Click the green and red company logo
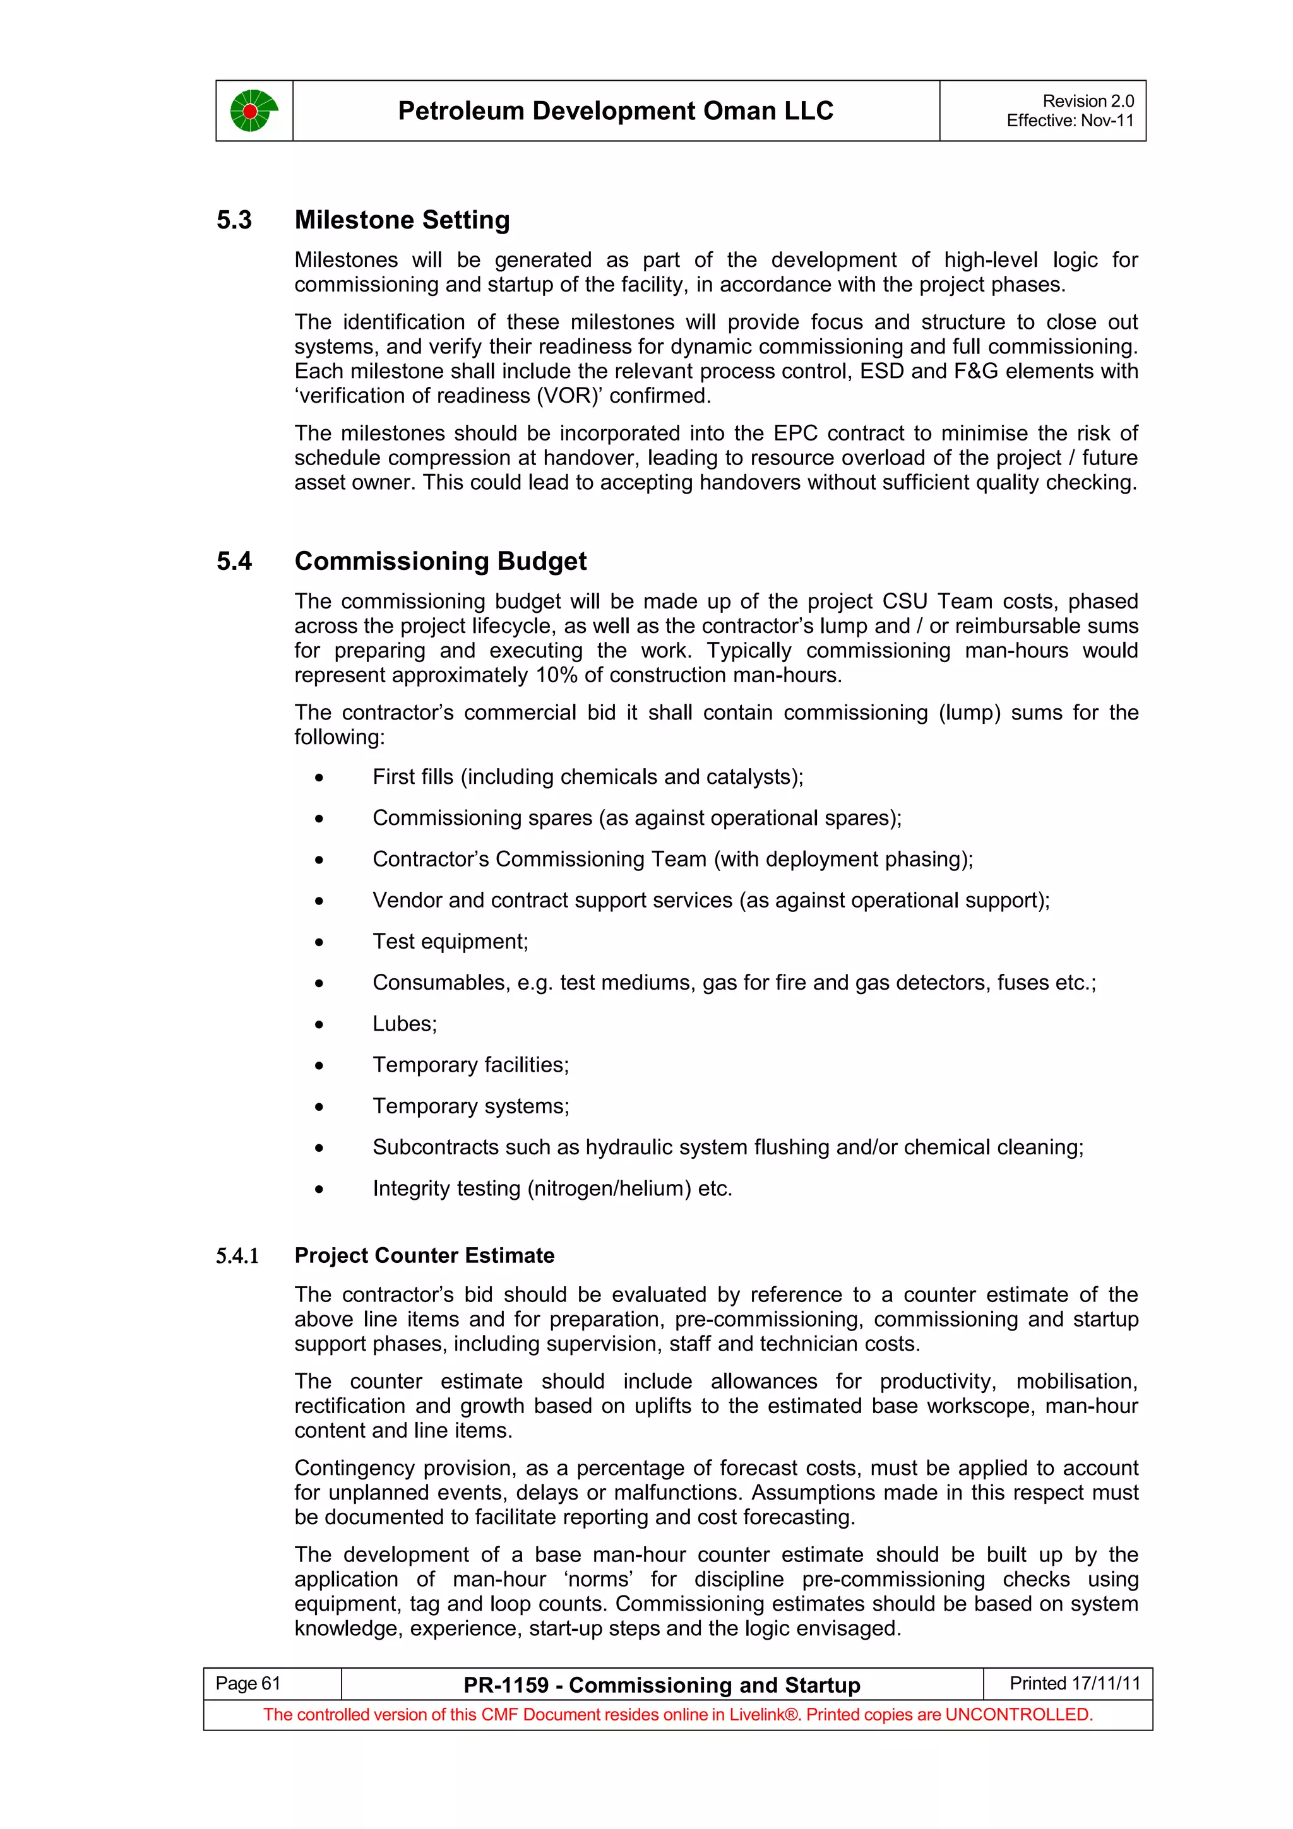(x=253, y=110)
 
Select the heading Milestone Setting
(x=402, y=220)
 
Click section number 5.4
(x=234, y=561)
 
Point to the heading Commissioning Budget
(x=440, y=561)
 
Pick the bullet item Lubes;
(x=404, y=1024)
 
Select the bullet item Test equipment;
(x=450, y=942)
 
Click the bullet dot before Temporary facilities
(x=319, y=1066)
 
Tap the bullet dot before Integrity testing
(x=319, y=1189)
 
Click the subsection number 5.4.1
(x=237, y=1256)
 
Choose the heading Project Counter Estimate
(x=424, y=1255)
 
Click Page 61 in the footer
(x=247, y=1683)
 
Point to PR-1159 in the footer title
(x=506, y=1686)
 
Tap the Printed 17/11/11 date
(x=1074, y=1683)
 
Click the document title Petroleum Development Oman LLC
(x=615, y=110)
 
